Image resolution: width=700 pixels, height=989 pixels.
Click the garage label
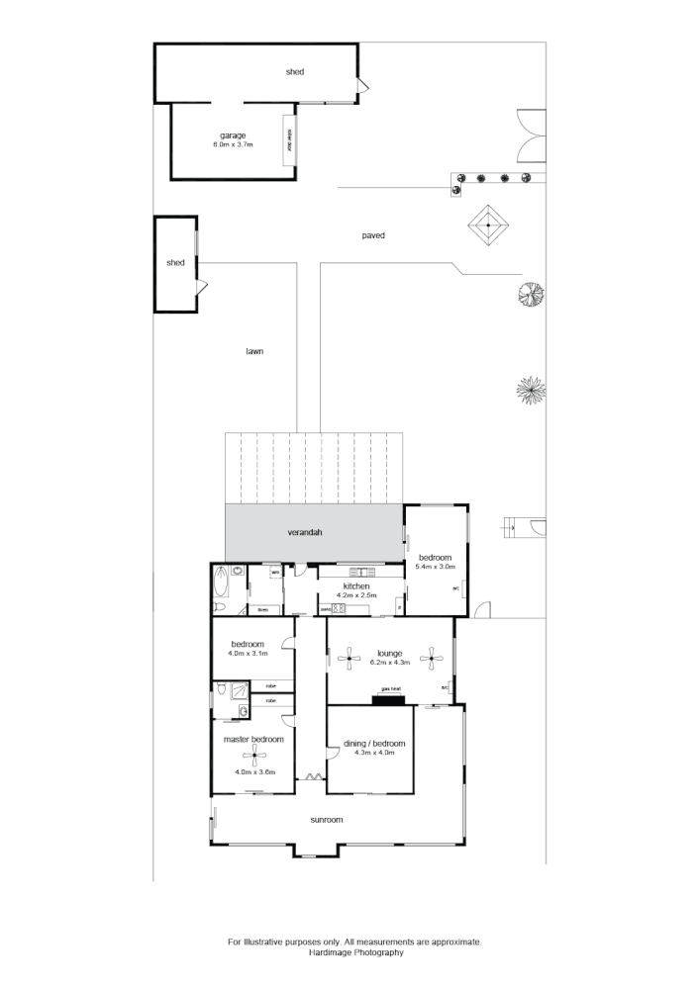233,135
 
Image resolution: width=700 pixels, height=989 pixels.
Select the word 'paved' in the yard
372,235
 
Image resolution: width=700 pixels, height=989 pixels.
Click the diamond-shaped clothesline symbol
488,226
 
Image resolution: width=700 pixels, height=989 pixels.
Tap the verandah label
306,532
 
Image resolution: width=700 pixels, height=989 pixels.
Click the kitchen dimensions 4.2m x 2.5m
357,595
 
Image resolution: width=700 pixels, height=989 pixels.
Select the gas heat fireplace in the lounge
389,700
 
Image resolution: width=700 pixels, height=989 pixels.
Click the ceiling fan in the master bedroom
256,759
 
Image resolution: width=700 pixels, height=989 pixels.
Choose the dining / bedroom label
375,743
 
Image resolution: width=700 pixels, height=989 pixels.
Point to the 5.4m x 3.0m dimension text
436,566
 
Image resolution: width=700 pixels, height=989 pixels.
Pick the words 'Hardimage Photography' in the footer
354,952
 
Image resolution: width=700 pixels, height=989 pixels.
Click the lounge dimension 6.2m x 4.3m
388,662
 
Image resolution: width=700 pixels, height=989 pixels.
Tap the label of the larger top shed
294,72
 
